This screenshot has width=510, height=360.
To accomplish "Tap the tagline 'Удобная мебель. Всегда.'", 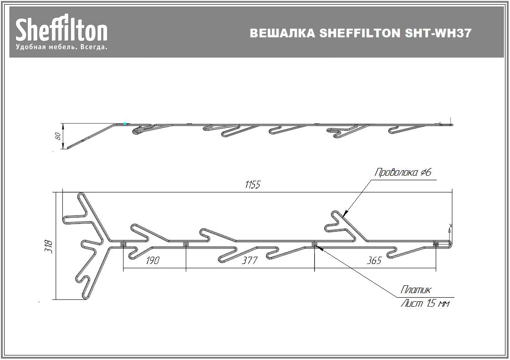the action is [61, 47].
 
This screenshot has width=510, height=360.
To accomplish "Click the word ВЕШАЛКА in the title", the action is [282, 33].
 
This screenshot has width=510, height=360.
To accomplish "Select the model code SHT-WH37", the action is [438, 33].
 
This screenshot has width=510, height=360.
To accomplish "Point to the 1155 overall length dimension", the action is [253, 185].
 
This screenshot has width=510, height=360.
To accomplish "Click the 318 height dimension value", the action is [49, 246].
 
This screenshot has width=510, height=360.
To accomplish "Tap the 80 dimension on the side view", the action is [58, 136].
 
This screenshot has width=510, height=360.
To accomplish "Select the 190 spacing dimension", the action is [153, 260].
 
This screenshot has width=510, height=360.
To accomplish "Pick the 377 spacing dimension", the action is [250, 260].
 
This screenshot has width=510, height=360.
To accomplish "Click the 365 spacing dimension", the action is [374, 260].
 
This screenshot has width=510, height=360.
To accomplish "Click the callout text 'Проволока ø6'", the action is [403, 172].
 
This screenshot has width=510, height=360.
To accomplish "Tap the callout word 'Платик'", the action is [416, 289].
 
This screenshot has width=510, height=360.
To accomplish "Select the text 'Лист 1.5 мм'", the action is [425, 304].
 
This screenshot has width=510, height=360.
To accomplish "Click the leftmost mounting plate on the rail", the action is [123, 244].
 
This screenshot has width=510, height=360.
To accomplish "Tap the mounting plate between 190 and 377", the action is [186, 244].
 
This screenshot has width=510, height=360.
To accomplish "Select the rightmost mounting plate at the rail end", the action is [436, 244].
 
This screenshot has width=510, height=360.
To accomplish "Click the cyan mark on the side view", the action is [125, 124].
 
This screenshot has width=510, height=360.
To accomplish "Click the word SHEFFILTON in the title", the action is [360, 33].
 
